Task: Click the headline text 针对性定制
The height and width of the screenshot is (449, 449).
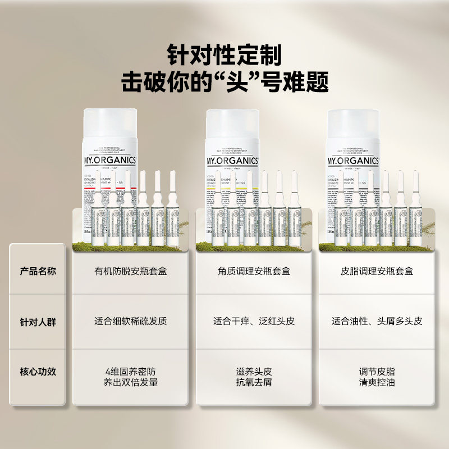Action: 224,55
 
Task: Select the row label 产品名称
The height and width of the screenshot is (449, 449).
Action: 38,271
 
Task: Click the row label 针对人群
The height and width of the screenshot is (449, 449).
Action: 38,322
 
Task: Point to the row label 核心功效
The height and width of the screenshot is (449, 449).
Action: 38,372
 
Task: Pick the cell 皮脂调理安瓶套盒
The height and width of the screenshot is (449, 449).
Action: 377,271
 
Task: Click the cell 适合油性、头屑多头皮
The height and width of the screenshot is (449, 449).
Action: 377,322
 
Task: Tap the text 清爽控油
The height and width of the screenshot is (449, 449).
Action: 377,383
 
